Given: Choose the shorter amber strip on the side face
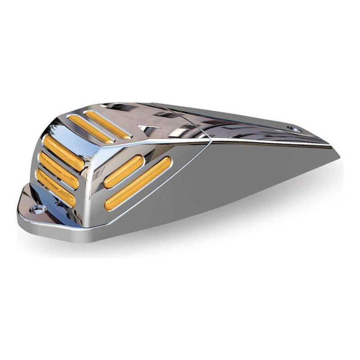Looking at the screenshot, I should coord(123,171).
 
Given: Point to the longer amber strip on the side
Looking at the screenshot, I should coord(138,183).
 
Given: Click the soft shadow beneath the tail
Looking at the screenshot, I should coord(270,211).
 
